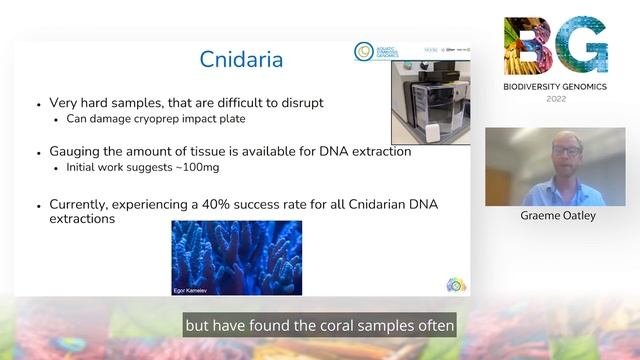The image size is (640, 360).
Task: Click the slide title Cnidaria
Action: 242,60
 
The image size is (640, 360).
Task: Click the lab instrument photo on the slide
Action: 430,101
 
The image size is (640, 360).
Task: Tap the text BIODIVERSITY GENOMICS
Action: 555,87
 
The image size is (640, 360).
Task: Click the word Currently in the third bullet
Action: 84,204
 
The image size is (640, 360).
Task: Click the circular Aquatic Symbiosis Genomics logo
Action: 364,51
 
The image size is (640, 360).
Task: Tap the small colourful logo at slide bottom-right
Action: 455,285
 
